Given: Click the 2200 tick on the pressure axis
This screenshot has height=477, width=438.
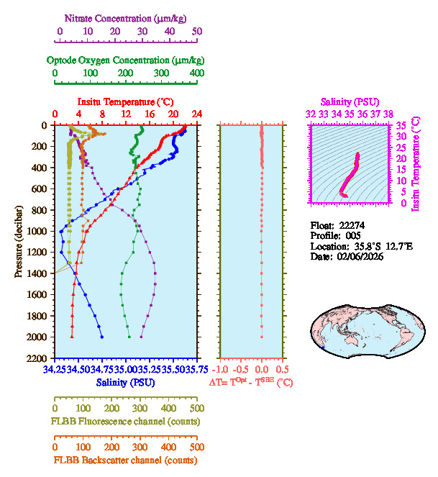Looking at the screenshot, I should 38,358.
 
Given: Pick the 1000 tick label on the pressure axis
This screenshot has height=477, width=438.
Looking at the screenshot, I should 38,231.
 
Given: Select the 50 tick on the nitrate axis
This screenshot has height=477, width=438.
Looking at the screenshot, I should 197,32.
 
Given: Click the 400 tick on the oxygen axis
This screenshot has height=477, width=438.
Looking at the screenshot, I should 196,73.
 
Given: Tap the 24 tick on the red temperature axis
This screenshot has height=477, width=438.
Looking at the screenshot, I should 196,114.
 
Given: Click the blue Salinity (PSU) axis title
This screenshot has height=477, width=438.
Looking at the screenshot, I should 125,383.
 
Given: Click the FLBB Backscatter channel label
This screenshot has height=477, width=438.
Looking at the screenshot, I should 125,460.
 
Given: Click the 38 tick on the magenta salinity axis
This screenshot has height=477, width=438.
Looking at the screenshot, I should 388,114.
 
